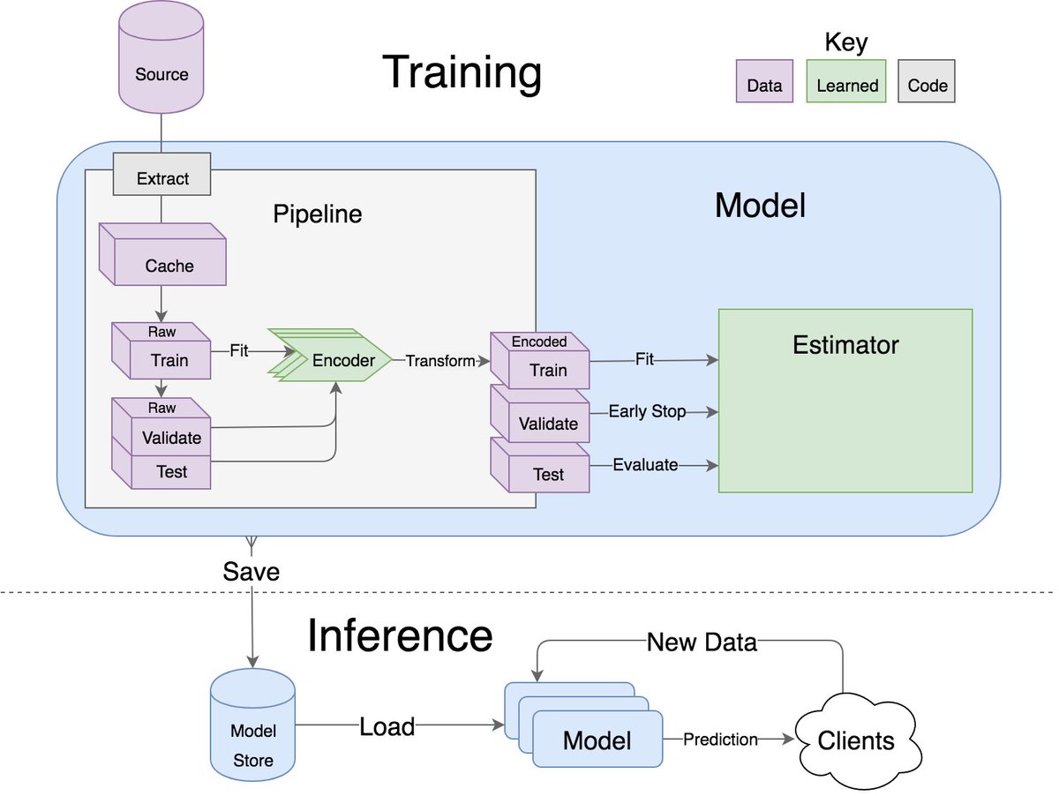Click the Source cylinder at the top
pos(161,57)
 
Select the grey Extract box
pos(161,174)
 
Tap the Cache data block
pos(162,254)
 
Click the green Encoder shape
pos(330,356)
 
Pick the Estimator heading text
pos(845,345)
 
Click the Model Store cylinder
pos(252,725)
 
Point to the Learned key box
pos(846,81)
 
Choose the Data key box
pos(764,81)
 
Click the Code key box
pos(927,81)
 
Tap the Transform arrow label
pos(440,361)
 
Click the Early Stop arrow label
pos(647,411)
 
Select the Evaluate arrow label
pos(645,465)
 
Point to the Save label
pos(251,572)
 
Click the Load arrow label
pos(387,726)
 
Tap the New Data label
pos(702,642)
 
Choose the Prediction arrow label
pos(720,739)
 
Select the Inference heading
pos(400,635)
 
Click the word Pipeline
pos(318,214)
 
